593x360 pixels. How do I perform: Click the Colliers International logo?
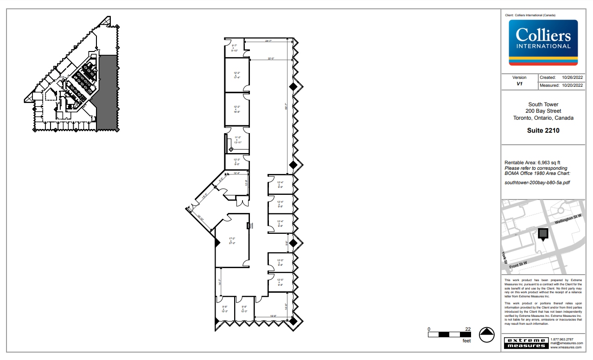tap(543, 42)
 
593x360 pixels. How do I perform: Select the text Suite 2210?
tap(543, 130)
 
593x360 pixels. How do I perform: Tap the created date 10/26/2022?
tap(572, 77)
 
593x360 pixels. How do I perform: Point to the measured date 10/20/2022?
tap(572, 86)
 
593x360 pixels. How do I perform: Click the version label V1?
tap(519, 84)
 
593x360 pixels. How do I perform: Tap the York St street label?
tap(504, 259)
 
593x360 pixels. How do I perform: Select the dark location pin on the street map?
tap(543, 234)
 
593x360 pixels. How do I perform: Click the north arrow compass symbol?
tap(486, 334)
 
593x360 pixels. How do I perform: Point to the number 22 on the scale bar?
tap(468, 329)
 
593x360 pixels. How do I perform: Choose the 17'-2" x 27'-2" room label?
tap(232, 240)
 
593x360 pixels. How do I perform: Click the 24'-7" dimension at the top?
tap(268, 41)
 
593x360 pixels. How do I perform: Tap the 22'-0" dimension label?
tap(271, 58)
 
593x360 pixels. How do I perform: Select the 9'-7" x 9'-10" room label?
tap(235, 47)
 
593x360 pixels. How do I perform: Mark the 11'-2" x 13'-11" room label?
tap(237, 140)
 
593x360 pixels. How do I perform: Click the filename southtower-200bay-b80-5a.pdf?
tap(537, 182)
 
